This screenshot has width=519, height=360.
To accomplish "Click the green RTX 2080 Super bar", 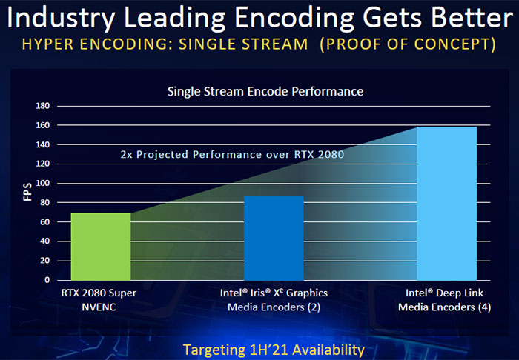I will (x=100, y=247).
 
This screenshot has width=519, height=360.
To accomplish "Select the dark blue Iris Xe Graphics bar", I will (x=274, y=238).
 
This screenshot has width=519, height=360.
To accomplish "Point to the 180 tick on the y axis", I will (x=42, y=106).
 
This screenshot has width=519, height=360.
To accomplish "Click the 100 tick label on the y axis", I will (x=42, y=184).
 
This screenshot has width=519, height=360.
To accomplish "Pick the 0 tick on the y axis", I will (x=46, y=281).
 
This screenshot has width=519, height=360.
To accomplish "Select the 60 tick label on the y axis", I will (x=44, y=222).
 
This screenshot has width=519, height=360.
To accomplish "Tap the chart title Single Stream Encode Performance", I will (x=265, y=92).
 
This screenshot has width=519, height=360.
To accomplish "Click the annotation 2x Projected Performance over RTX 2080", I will (x=232, y=156).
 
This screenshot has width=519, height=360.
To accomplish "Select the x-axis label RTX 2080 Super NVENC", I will (x=101, y=300).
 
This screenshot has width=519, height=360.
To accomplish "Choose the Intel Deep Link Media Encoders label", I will (x=446, y=300).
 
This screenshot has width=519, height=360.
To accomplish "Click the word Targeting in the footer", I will (x=216, y=349).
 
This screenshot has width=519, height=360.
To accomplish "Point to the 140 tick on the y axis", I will (x=42, y=145).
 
